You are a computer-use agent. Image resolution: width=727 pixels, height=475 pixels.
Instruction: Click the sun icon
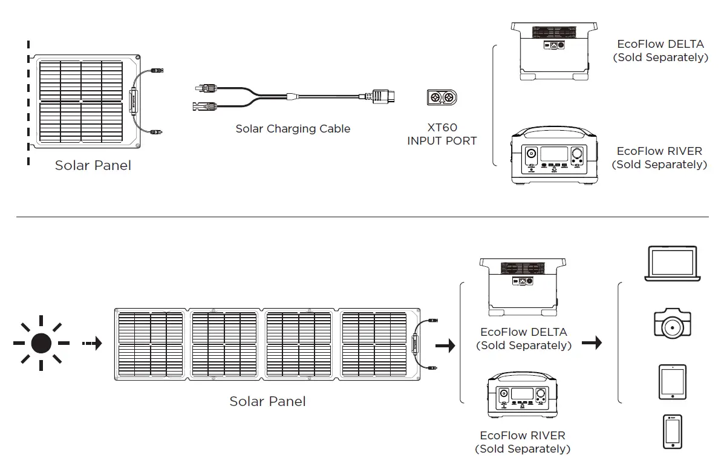(x=41, y=343)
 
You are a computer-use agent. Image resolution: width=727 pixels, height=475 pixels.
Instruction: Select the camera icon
(x=672, y=324)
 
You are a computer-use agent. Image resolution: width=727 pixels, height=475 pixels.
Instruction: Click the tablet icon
(x=672, y=382)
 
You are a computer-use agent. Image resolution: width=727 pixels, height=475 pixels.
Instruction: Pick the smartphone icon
(x=672, y=431)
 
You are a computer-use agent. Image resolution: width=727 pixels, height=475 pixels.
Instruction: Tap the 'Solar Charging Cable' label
(x=293, y=129)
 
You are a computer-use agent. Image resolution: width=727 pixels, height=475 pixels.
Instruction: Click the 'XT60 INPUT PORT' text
(x=442, y=134)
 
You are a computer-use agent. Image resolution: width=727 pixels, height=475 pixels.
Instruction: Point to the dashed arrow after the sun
(x=92, y=344)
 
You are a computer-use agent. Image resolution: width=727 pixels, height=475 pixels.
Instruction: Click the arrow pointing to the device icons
(x=595, y=343)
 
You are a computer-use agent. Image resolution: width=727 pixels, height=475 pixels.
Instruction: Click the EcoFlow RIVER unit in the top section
(x=553, y=156)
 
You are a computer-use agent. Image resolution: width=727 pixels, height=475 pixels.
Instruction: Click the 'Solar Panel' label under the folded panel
(x=93, y=165)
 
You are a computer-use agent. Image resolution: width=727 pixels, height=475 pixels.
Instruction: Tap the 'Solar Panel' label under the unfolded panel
(x=267, y=401)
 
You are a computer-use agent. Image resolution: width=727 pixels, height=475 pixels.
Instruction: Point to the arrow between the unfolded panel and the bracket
(x=445, y=346)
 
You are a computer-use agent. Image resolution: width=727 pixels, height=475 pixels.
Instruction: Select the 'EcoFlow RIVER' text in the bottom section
(x=523, y=436)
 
